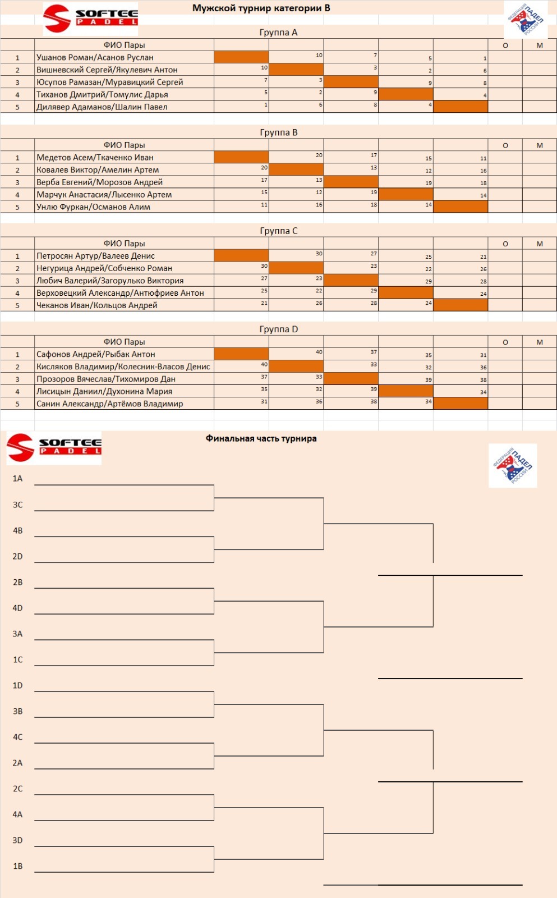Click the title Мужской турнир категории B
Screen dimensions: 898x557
(261, 8)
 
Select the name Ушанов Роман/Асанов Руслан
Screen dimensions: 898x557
(95, 57)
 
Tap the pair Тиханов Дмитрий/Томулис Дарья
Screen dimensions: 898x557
(102, 94)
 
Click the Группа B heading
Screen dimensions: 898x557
(278, 132)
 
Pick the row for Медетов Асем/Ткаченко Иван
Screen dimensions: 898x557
(95, 158)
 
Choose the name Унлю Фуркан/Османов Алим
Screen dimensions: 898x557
(93, 207)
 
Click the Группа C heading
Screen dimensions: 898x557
(278, 231)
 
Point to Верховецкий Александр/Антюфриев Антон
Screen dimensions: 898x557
(120, 293)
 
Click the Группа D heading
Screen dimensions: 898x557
(278, 329)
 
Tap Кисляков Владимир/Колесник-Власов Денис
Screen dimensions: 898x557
(123, 366)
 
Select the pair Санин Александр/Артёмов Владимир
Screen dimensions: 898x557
(109, 404)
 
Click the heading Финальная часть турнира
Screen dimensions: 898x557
(261, 438)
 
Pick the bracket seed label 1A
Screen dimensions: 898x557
(17, 479)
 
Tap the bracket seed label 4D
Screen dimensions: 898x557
(17, 608)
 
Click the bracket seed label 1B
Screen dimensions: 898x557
(17, 866)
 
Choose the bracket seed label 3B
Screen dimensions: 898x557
(17, 711)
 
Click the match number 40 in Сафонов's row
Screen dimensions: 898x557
(319, 352)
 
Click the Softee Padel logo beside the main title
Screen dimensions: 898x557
(90, 19)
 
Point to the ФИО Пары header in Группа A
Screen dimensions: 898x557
(124, 45)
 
